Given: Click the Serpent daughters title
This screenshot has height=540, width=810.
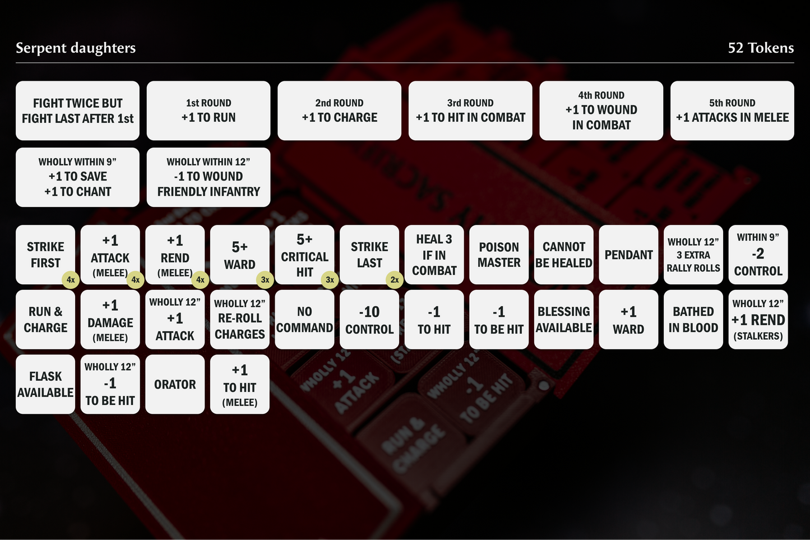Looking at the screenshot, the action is point(76,48).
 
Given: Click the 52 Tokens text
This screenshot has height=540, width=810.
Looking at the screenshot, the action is point(761,48).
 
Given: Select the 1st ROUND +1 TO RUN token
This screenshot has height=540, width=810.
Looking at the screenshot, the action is point(209,110).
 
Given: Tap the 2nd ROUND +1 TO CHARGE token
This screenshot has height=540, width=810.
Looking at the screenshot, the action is point(339,110).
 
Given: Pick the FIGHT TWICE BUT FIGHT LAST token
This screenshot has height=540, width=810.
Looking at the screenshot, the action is point(77,110).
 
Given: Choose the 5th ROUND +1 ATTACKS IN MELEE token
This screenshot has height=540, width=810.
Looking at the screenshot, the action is point(732,110).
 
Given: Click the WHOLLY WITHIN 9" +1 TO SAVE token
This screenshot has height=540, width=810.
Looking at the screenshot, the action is point(77,177).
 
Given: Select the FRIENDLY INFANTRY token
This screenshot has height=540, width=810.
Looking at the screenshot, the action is point(209,177).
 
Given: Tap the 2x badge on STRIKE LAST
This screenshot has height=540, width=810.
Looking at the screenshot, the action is point(395,280).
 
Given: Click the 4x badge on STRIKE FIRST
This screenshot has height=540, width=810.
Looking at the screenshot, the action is point(71,280).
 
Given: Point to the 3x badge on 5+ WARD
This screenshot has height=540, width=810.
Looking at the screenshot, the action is point(265,280).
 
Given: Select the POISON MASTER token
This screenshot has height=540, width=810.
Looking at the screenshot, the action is point(499,254).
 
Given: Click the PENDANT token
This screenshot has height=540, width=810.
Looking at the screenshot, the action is point(628,254).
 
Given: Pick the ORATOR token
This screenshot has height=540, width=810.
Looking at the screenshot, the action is point(175,384).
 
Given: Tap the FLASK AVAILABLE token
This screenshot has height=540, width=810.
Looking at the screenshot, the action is point(45,384).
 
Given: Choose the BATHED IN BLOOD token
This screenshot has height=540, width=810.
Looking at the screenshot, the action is point(693,320).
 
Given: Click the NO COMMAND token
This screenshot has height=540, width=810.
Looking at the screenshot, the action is point(304,320).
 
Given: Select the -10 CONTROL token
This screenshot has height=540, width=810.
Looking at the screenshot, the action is point(369,320).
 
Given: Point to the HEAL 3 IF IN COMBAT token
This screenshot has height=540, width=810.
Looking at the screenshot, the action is point(434,254).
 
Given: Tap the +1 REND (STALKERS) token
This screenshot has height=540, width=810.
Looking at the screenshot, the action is point(758,320).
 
